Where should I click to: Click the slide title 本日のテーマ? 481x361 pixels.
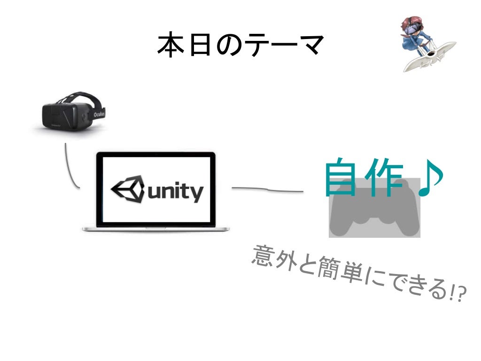(x=240, y=46)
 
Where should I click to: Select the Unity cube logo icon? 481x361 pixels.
(x=128, y=190)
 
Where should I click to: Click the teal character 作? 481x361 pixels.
(x=384, y=178)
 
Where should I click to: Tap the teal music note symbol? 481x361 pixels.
(x=428, y=178)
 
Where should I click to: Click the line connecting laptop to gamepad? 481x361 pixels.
(x=268, y=190)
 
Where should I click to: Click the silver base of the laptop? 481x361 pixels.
(x=155, y=228)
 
